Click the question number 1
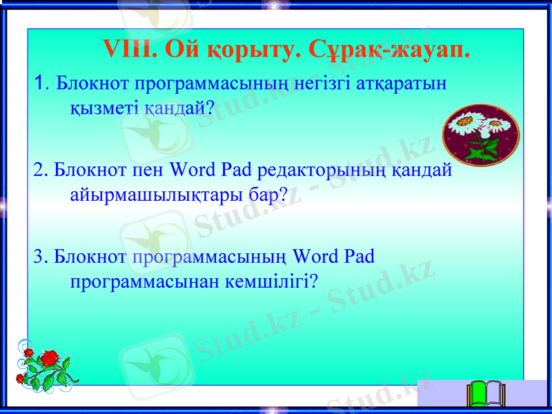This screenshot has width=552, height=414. click(x=39, y=84)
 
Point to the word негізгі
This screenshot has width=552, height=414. click(x=324, y=84)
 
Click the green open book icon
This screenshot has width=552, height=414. click(x=486, y=395)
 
